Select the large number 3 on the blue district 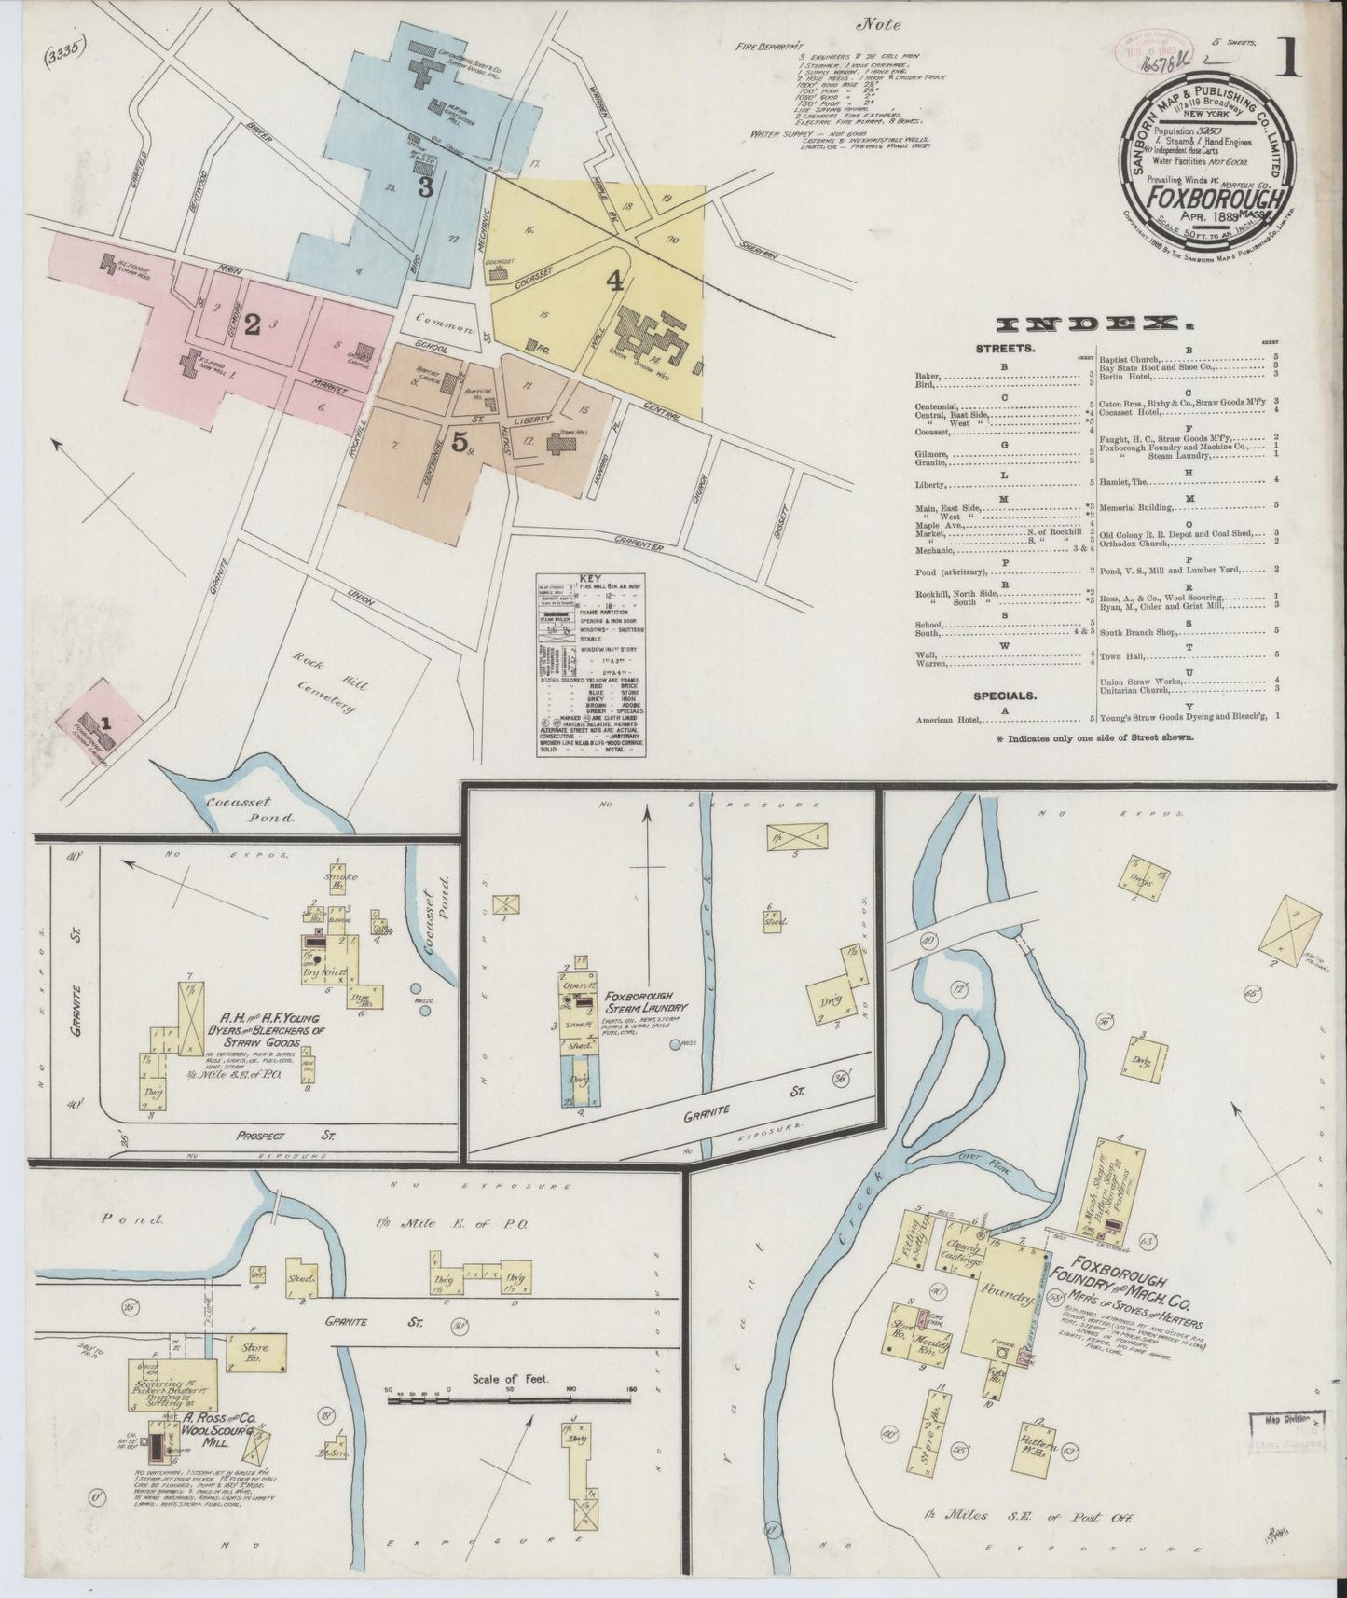point(425,187)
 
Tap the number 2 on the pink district point(253,324)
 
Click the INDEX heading point(1095,324)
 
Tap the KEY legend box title point(594,578)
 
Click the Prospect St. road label point(290,1136)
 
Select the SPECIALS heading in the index point(1006,696)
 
